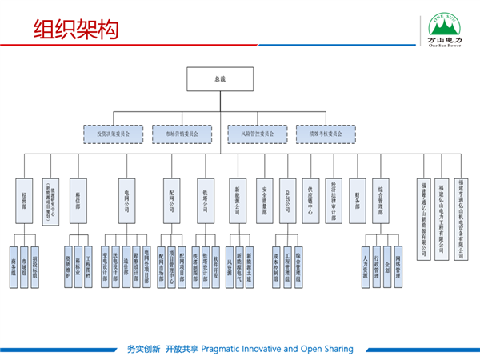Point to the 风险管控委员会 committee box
252,133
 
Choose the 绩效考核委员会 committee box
320,133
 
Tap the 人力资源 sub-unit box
366,258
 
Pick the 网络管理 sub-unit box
398,258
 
